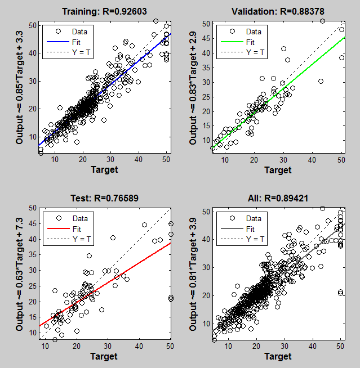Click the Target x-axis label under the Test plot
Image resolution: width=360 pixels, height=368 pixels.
104,356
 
